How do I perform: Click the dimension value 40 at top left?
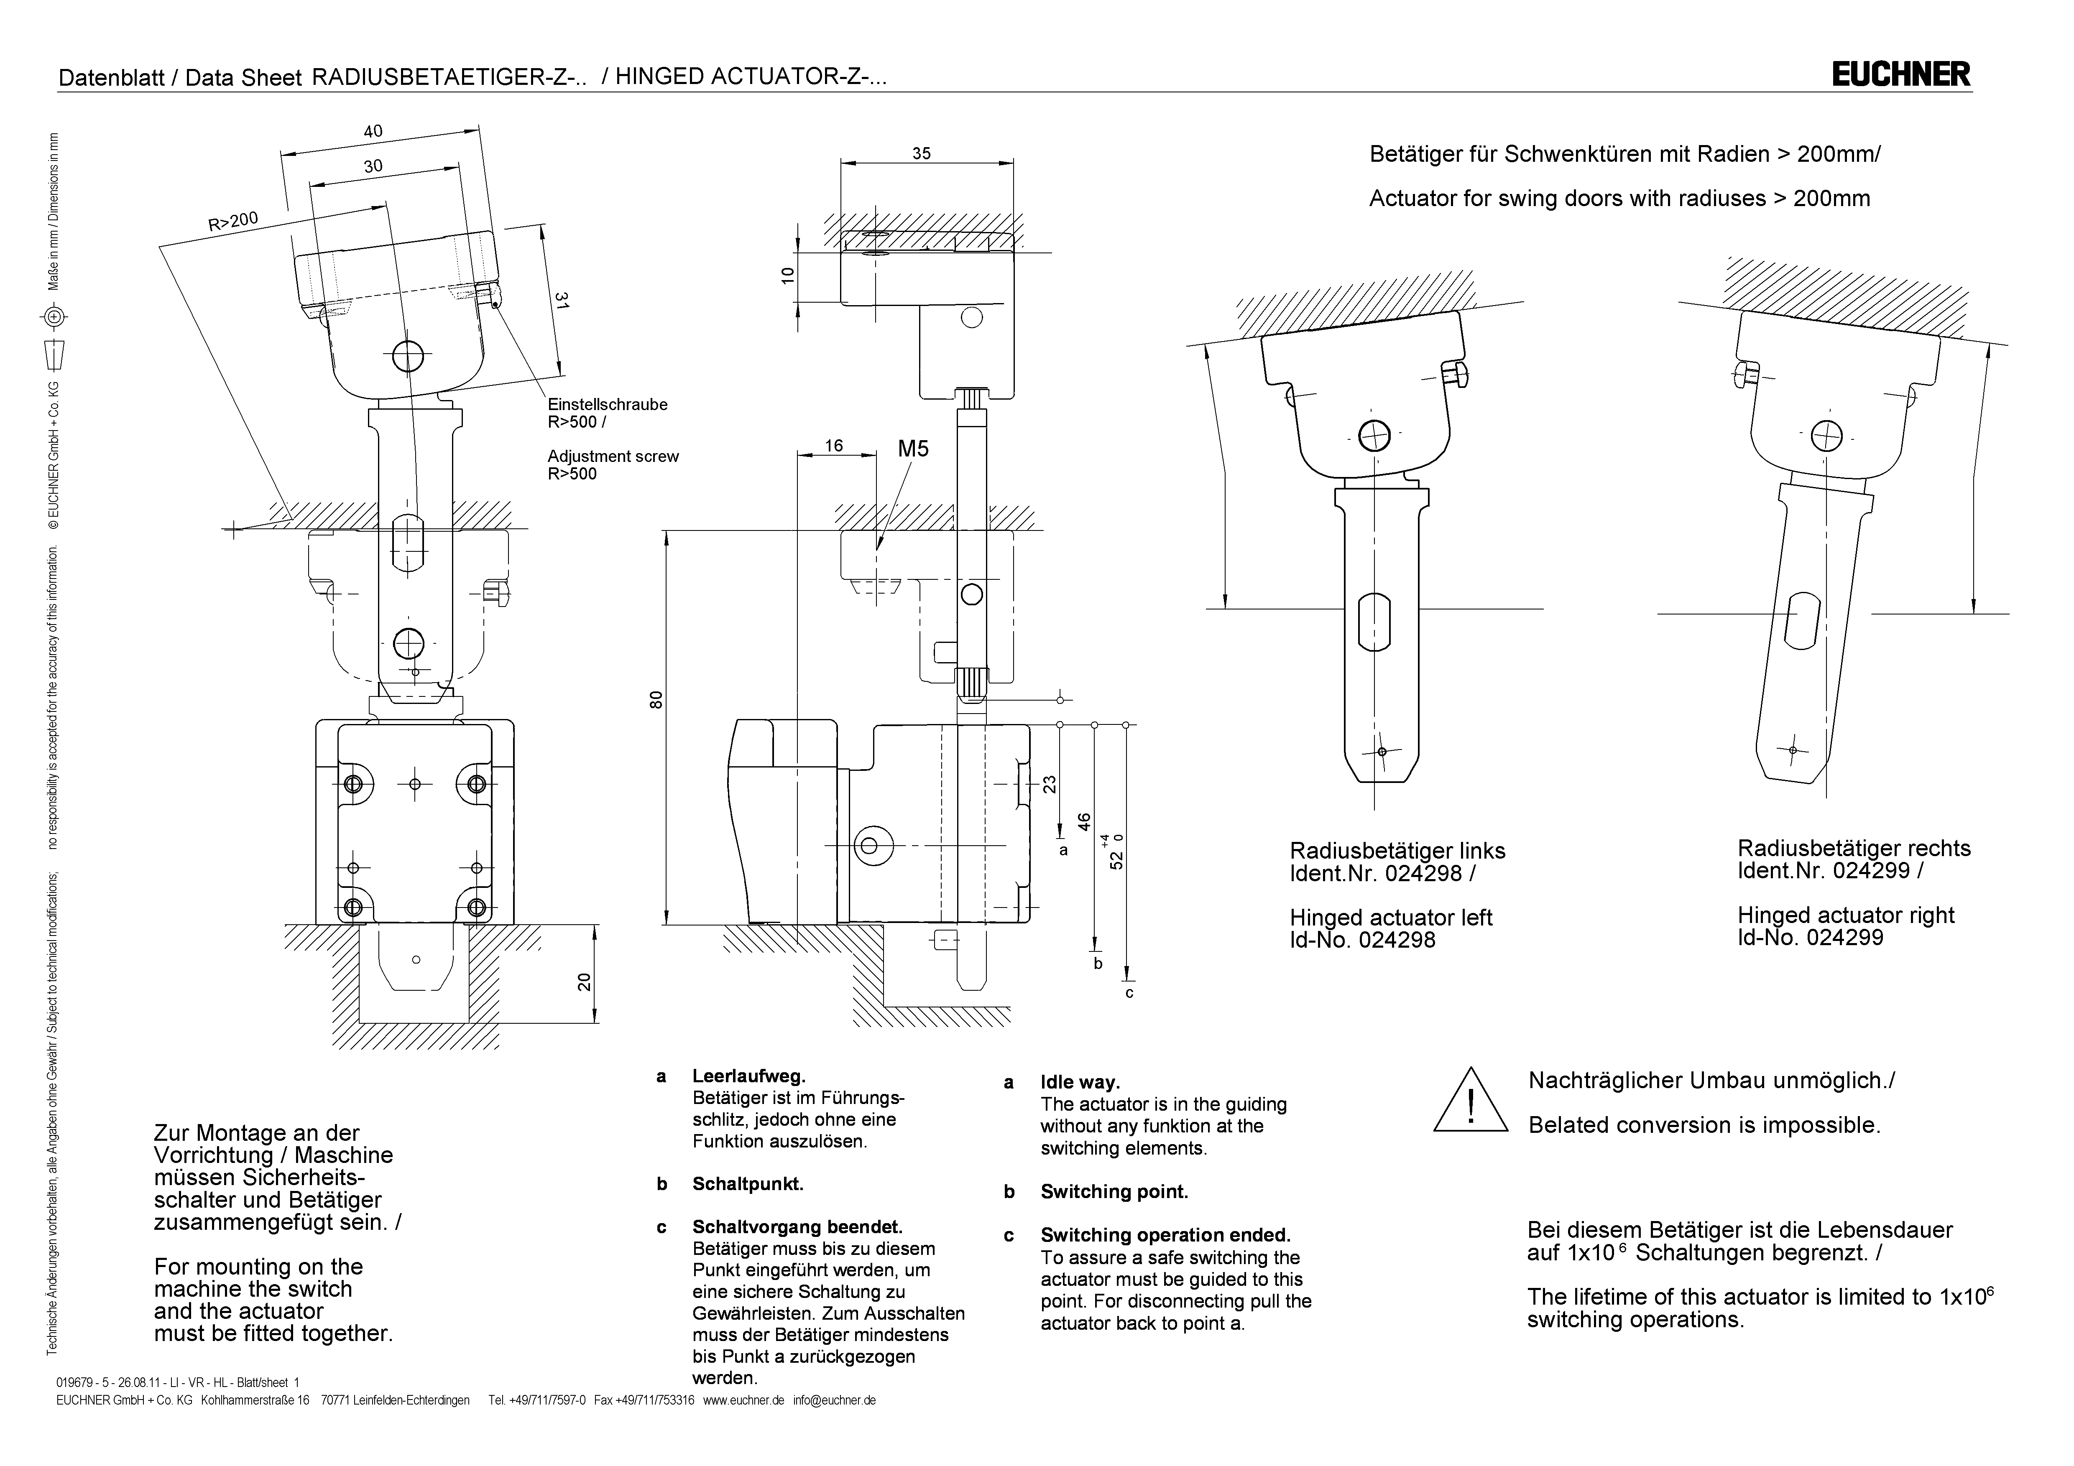[x=373, y=131]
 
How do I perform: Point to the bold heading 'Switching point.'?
[x=1114, y=1191]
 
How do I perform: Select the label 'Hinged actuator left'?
[x=1390, y=918]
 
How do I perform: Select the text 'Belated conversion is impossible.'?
[x=1704, y=1125]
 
